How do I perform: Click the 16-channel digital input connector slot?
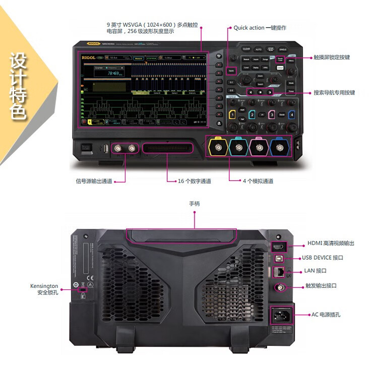pyautogui.click(x=168, y=148)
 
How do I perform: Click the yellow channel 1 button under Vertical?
pyautogui.click(x=232, y=115)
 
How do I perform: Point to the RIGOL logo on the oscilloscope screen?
pyautogui.click(x=88, y=58)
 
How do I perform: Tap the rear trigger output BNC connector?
pyautogui.click(x=278, y=287)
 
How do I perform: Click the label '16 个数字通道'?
pyautogui.click(x=194, y=181)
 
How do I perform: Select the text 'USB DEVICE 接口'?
pyautogui.click(x=323, y=258)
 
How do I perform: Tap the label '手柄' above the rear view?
pyautogui.click(x=194, y=204)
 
